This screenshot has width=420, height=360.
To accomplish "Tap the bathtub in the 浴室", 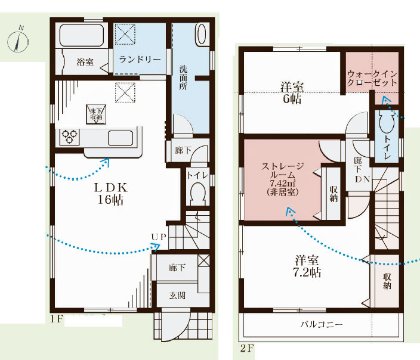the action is pos(82,35).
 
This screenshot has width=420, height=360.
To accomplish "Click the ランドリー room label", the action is pos(140,59).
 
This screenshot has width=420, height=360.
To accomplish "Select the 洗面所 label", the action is pos(183,77).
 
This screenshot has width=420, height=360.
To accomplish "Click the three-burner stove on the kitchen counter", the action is pos(70,136).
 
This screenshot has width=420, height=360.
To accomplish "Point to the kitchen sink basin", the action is pos(121,138).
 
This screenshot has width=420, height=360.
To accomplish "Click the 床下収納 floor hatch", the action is pos(96,114).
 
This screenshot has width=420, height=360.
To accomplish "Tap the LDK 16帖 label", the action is pos(110,194).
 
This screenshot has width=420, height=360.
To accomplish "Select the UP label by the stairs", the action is pos(159,237).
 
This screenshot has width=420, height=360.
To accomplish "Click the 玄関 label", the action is pos(177,296).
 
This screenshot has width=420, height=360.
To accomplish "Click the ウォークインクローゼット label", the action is pos(372,77).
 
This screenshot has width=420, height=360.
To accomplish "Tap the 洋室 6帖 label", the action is pos(292,93).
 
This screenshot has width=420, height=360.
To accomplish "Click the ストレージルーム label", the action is pos(283,170).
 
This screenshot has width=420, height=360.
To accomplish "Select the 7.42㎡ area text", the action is pos(282,184).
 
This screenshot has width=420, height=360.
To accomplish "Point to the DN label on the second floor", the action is pos(362,179).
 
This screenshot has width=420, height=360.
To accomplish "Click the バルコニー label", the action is pos(322,324).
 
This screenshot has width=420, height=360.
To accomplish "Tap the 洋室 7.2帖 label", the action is pos(307,266).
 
